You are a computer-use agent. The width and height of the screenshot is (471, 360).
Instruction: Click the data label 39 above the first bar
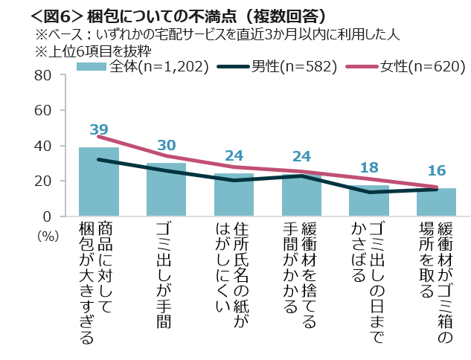99,130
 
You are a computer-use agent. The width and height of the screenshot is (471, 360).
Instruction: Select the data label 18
369,167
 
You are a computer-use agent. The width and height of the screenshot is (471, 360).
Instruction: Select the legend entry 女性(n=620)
410,67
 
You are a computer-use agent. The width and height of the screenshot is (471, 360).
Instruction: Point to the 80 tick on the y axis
42,75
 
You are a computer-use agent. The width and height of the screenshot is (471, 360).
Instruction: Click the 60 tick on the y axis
42,110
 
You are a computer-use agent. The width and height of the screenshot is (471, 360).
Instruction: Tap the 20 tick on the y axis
42,181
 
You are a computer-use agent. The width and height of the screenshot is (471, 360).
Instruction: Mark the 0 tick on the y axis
45,216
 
